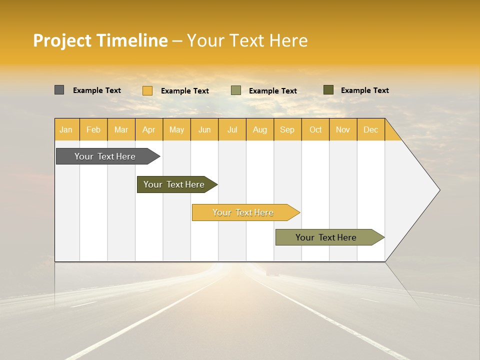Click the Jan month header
click(66, 129)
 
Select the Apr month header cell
click(149, 129)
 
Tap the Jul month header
click(232, 129)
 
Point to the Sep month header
click(287, 129)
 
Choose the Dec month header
click(370, 129)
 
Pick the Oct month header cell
click(315, 129)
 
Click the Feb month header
click(93, 129)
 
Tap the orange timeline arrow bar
click(243, 212)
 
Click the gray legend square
click(59, 90)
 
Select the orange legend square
click(147, 90)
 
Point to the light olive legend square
click(236, 90)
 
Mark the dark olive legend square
click(328, 90)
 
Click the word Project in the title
click(63, 40)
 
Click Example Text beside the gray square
click(97, 90)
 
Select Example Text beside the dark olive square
click(365, 90)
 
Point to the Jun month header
click(204, 129)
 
